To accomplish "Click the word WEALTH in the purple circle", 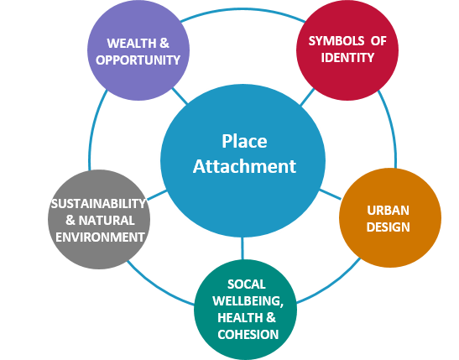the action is tap(132, 44).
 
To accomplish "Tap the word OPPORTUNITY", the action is tap(138, 60).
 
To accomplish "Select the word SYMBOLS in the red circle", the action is tap(336, 41).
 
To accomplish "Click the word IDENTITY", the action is tap(347, 57).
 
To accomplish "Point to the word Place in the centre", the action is tap(244, 141).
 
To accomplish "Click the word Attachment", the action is tap(244, 166).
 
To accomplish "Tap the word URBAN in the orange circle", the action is tap(388, 211).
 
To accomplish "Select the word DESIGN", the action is tap(388, 227).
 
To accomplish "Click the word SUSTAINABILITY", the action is tap(98, 204).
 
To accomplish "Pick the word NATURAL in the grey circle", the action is tap(107, 221).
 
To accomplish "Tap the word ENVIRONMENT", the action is tap(100, 237).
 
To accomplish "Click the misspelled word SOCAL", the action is tap(247, 284).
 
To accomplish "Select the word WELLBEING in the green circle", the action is tap(248, 301).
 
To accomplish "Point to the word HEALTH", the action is tap(240, 318).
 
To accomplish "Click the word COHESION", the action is tap(248, 335).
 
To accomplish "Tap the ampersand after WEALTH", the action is tap(164, 44).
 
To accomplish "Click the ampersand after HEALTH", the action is tap(271, 318).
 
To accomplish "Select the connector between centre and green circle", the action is tap(243, 248).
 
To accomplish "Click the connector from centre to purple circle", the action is tap(180, 96).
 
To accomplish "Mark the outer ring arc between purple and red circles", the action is tap(243, 10).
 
